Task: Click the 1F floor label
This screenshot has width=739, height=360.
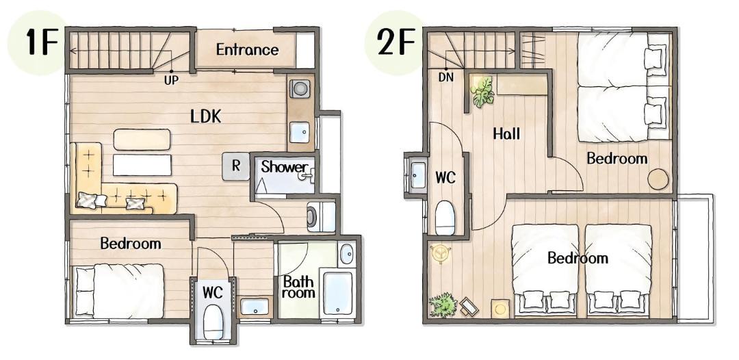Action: click(x=42, y=42)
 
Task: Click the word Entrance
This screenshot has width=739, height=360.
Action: click(x=248, y=49)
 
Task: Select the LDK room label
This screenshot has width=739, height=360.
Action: click(x=206, y=116)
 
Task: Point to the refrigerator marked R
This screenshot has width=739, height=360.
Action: click(x=236, y=166)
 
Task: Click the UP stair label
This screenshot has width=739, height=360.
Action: click(x=171, y=81)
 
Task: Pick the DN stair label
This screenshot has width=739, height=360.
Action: click(x=446, y=77)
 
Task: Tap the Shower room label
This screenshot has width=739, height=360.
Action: click(x=285, y=167)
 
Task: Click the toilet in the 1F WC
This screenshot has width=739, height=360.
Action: click(x=213, y=322)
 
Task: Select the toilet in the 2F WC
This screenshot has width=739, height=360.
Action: click(x=445, y=217)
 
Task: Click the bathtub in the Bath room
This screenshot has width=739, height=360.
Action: click(x=338, y=292)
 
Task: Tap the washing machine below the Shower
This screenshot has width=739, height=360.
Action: click(x=321, y=217)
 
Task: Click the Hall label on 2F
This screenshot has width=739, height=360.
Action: click(x=506, y=134)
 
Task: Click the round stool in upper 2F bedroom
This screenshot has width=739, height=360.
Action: click(x=658, y=179)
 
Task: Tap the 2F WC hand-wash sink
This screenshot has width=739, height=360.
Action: click(x=417, y=175)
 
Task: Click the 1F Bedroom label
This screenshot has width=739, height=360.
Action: click(x=131, y=244)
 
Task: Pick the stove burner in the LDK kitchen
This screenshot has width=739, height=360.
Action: click(x=300, y=88)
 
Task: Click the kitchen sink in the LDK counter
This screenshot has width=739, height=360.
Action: click(x=300, y=132)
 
